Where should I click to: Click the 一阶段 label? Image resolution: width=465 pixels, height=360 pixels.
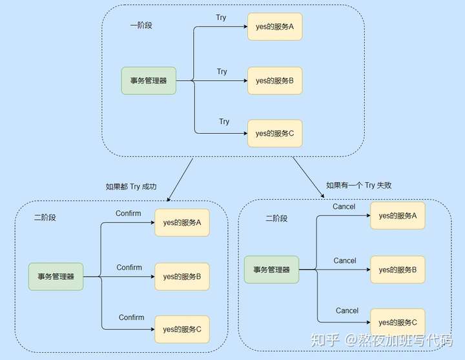pyautogui.click(x=141, y=25)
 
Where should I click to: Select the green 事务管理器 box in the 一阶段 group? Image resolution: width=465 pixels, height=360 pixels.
pyautogui.click(x=149, y=81)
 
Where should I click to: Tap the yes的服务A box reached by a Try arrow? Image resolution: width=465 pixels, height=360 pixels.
pyautogui.click(x=275, y=26)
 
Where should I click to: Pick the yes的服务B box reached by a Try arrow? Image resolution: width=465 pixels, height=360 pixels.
pyautogui.click(x=275, y=81)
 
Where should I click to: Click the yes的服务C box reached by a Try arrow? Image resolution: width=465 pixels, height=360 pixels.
pyautogui.click(x=275, y=134)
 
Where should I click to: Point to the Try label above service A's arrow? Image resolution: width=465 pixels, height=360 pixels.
pyautogui.click(x=221, y=18)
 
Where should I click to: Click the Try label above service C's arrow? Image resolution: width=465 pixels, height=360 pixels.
pyautogui.click(x=224, y=122)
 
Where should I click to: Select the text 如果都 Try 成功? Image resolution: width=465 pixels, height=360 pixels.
pyautogui.click(x=131, y=187)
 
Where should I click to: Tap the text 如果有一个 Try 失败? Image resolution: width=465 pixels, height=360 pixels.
pyautogui.click(x=359, y=185)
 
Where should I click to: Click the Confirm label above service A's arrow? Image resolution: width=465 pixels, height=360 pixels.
pyautogui.click(x=129, y=213)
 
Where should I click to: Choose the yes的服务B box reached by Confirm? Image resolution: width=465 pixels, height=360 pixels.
pyautogui.click(x=182, y=277)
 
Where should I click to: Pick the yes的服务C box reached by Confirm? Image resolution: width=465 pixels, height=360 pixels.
pyautogui.click(x=182, y=330)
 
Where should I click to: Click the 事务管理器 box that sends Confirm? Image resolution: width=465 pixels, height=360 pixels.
pyautogui.click(x=56, y=277)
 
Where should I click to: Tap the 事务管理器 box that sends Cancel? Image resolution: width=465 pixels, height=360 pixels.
pyautogui.click(x=272, y=270)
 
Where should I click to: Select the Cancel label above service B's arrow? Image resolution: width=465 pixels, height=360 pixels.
pyautogui.click(x=345, y=260)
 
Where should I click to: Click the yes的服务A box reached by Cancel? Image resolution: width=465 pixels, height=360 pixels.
pyautogui.click(x=398, y=216)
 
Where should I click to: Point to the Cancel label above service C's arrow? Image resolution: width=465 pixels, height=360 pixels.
pyautogui.click(x=347, y=310)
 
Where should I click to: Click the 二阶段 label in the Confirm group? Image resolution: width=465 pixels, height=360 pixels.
pyautogui.click(x=45, y=218)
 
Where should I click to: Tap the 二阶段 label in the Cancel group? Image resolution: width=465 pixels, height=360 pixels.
pyautogui.click(x=276, y=218)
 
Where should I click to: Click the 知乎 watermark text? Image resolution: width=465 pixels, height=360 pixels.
pyautogui.click(x=325, y=340)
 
